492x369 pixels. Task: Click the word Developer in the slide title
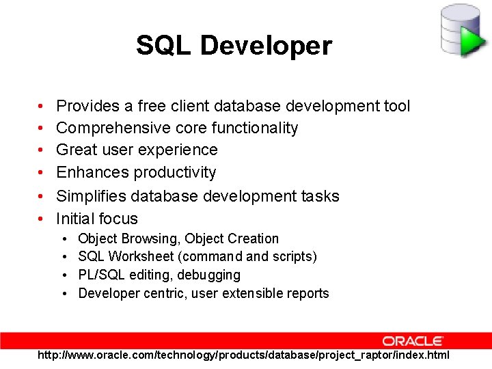[266, 46]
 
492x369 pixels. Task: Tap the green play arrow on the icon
[471, 40]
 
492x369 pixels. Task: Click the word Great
[77, 150]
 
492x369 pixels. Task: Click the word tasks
[320, 196]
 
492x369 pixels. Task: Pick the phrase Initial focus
[97, 219]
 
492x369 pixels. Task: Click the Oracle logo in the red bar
[413, 340]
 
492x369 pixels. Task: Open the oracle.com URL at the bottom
[243, 355]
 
